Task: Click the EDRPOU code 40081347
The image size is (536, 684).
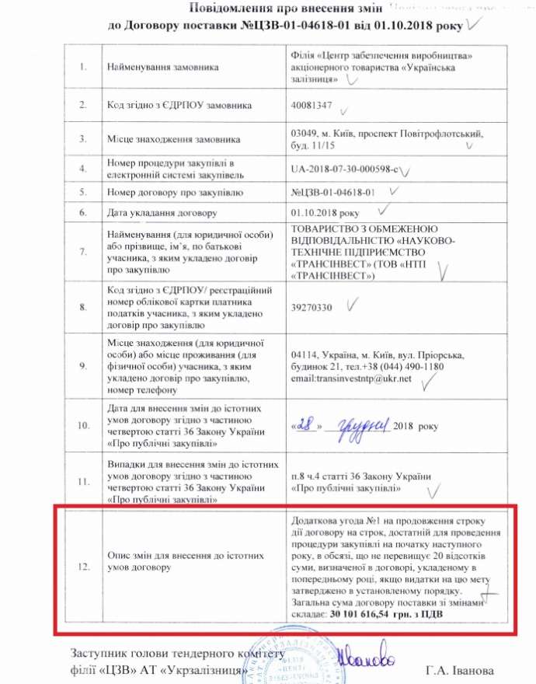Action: [x=311, y=104]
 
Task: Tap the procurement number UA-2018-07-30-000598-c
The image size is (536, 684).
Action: [x=345, y=169]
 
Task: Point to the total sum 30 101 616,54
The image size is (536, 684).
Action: [x=374, y=613]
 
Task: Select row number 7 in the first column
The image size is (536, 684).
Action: [x=84, y=252]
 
